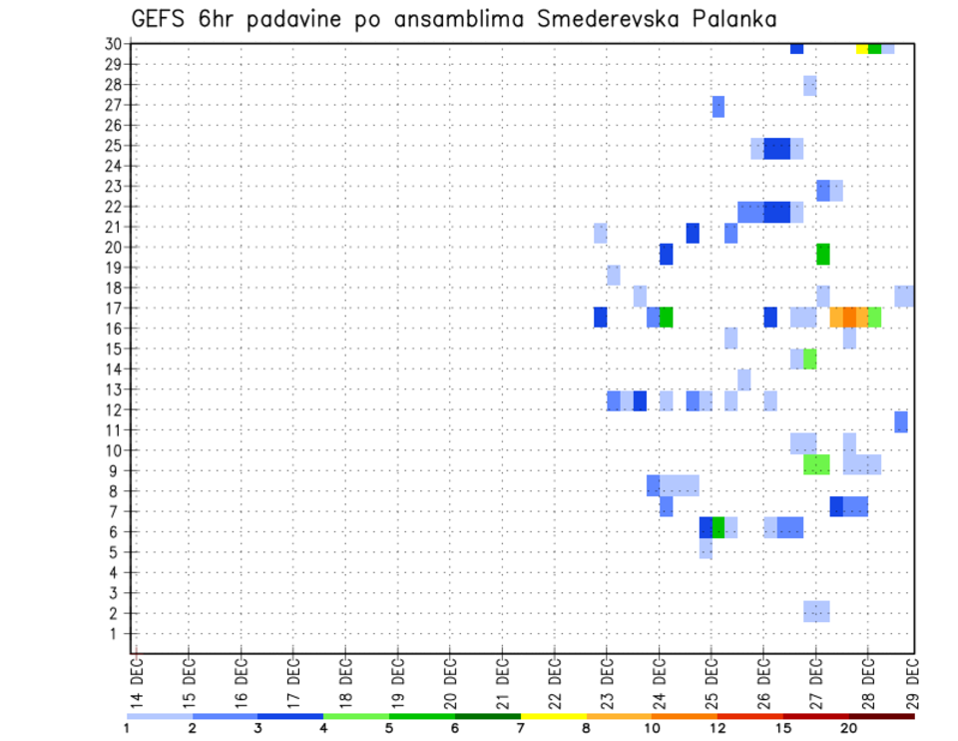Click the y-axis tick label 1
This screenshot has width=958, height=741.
coord(116,633)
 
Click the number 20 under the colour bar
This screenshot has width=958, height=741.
coord(848,729)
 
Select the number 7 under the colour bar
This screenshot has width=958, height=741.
coord(520,729)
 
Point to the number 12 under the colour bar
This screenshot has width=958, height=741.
coord(718,729)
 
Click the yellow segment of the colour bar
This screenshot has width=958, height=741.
coord(553,716)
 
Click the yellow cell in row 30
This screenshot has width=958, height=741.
coord(862,47)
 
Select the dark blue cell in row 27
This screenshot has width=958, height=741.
coord(718,107)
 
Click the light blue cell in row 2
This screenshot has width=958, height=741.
coord(816,611)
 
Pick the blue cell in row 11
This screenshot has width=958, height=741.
coord(901,421)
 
